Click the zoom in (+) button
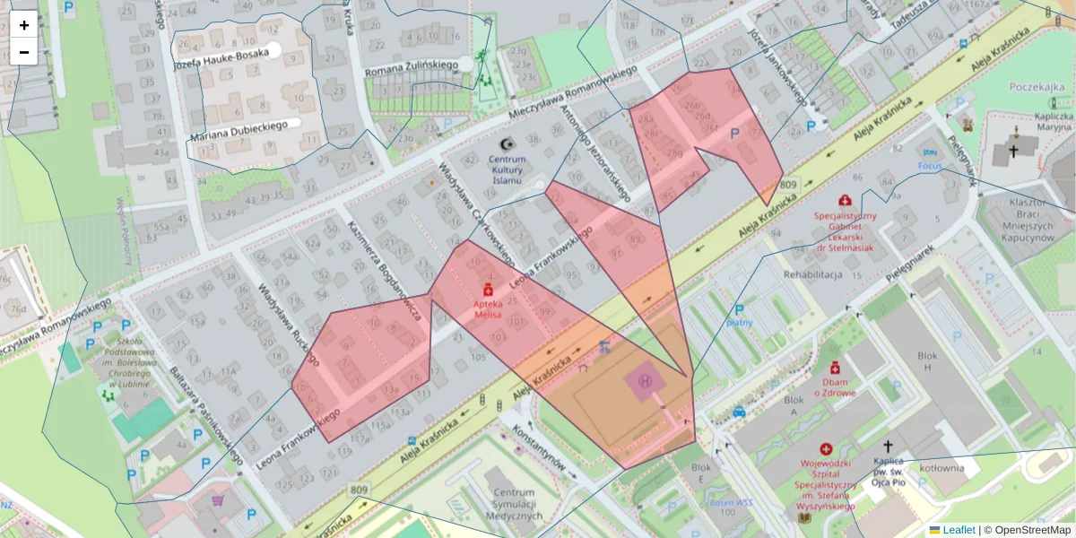click(x=24, y=25)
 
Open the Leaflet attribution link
click(x=959, y=530)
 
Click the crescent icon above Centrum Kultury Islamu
click(x=507, y=144)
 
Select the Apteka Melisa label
click(x=488, y=309)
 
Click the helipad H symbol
click(x=645, y=381)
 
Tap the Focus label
click(x=930, y=167)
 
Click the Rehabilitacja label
click(x=812, y=274)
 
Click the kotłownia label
click(x=941, y=467)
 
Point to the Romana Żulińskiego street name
click(x=411, y=65)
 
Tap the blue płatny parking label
click(x=740, y=322)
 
